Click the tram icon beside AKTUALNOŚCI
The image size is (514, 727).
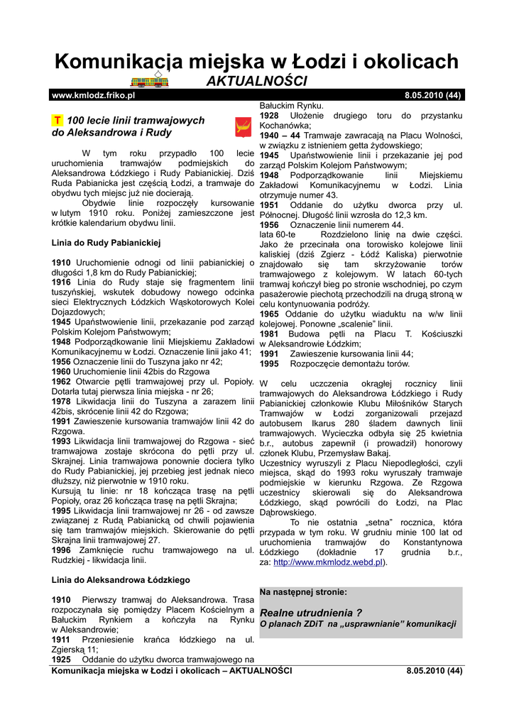pyautogui.click(x=151, y=80)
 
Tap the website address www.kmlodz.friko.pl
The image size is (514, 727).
pyautogui.click(x=94, y=94)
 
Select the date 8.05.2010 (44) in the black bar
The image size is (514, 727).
pyautogui.click(x=433, y=94)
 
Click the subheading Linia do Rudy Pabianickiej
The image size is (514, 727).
pyautogui.click(x=106, y=242)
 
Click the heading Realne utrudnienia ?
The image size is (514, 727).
pyautogui.click(x=311, y=613)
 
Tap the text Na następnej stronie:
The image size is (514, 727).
pyautogui.click(x=304, y=591)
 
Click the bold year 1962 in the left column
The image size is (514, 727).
pyautogui.click(x=61, y=381)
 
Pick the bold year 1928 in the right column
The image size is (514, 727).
pyautogui.click(x=269, y=115)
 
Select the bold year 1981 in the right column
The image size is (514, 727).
pyautogui.click(x=269, y=334)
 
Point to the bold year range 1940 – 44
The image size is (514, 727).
pyautogui.click(x=280, y=135)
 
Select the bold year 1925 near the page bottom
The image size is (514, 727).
pyautogui.click(x=61, y=659)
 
